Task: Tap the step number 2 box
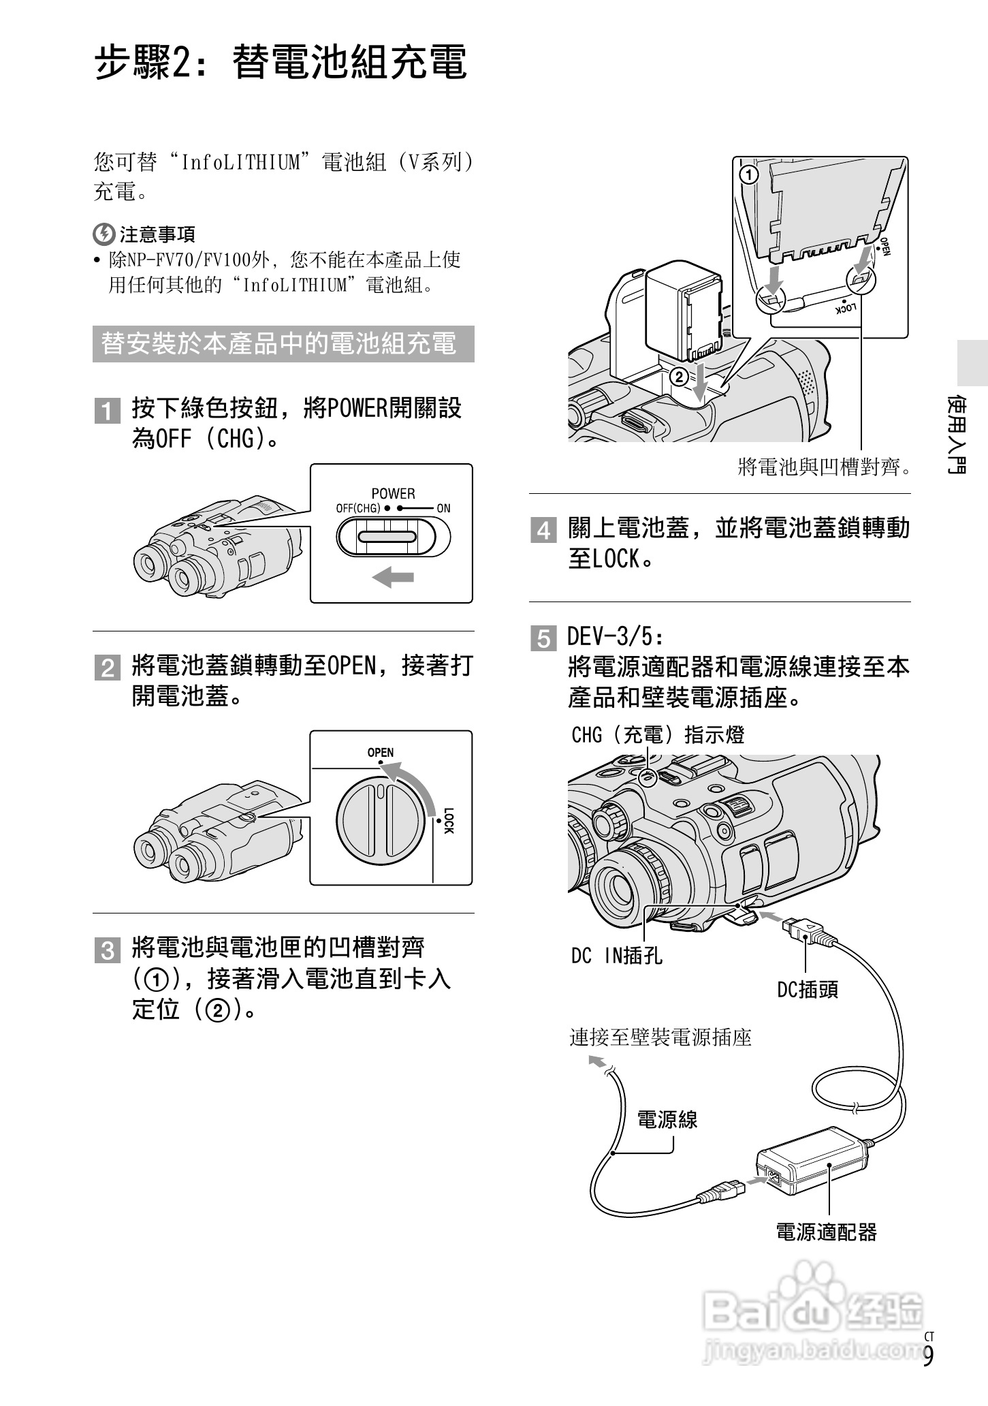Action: click(107, 668)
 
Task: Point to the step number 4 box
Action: click(543, 530)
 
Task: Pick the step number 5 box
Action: click(543, 639)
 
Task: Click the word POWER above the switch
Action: click(393, 493)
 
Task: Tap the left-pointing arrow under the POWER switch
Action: click(393, 578)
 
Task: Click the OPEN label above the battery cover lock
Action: click(380, 752)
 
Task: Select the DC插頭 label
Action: click(808, 989)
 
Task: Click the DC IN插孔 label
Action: click(616, 956)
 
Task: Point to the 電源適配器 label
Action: click(826, 1232)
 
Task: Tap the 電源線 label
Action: click(667, 1120)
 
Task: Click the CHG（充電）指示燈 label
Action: click(658, 735)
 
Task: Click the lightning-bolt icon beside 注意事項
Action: click(103, 234)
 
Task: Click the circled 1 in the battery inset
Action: click(748, 176)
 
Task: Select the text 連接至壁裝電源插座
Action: click(660, 1037)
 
